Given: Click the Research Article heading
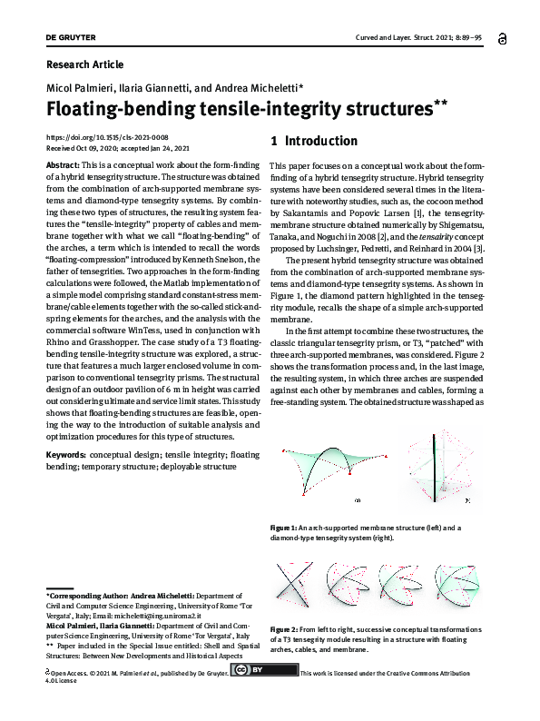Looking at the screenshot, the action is pyautogui.click(x=83, y=64).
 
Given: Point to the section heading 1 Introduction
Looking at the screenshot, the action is pyautogui.click(x=314, y=142).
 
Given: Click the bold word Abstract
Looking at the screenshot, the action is pyautogui.click(x=62, y=165).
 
